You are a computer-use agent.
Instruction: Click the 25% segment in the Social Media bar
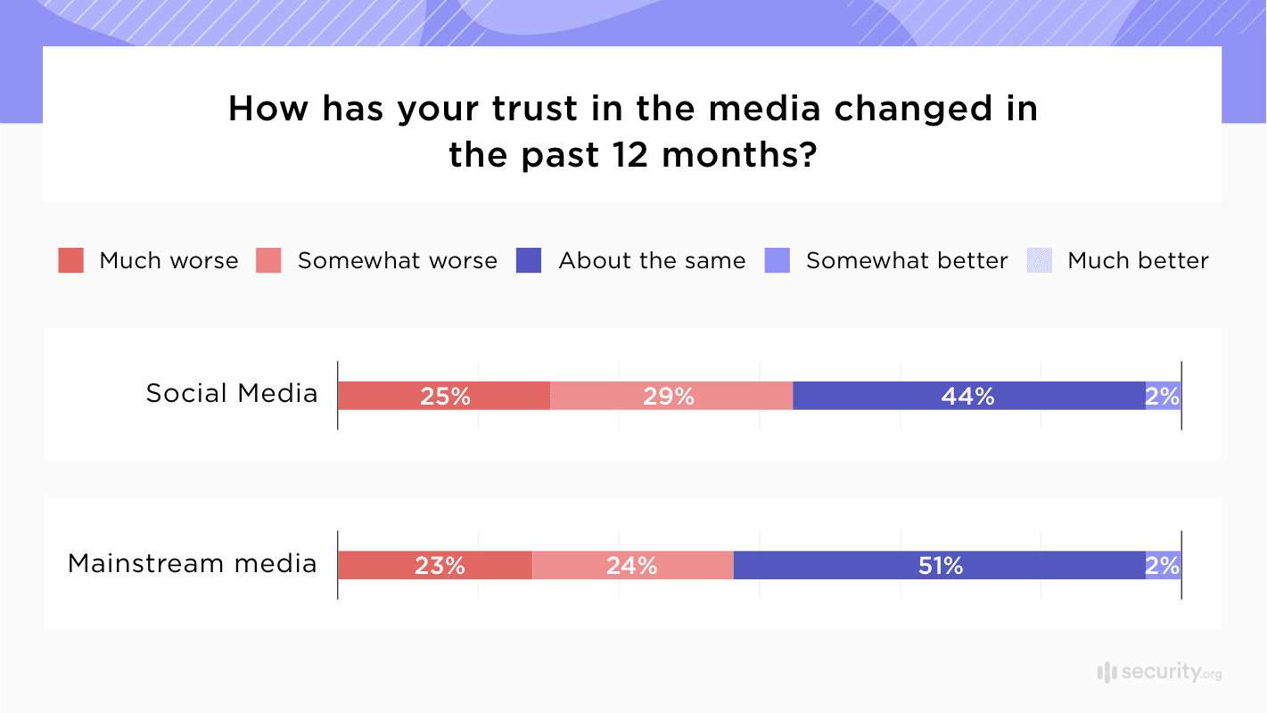444,396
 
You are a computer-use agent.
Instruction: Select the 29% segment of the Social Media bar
671,396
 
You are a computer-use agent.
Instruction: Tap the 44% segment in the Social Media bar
968,396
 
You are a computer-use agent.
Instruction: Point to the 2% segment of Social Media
1163,396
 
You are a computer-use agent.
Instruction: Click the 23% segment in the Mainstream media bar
435,565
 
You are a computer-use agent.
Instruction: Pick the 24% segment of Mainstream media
632,565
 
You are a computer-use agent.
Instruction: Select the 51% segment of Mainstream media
939,565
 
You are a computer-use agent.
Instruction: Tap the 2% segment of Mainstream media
1163,565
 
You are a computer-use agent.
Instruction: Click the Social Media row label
232,393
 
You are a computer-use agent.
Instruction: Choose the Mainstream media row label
193,563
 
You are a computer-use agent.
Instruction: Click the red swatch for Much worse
71,260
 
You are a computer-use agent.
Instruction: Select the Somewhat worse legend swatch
268,260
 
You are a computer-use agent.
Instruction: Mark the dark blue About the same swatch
529,260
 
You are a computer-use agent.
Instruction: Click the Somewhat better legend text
907,260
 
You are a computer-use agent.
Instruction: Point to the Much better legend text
1138,260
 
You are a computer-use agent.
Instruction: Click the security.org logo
1159,672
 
